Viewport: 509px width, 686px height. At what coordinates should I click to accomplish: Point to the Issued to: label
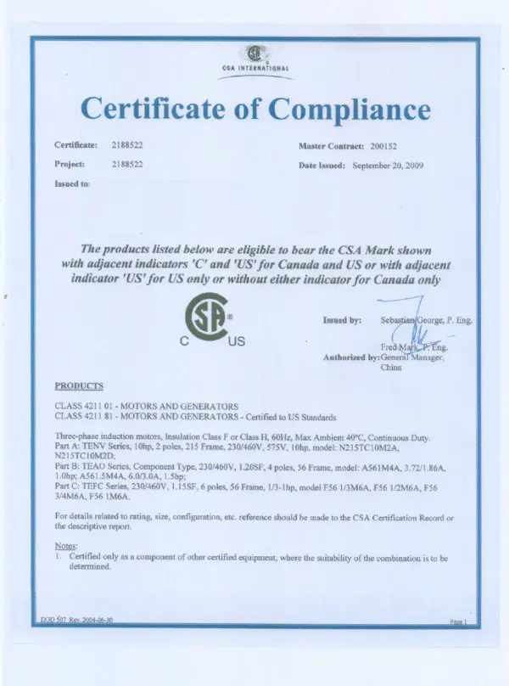click(73, 183)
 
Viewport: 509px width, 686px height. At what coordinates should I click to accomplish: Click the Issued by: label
click(343, 321)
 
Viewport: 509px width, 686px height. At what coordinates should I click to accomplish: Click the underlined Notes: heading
click(66, 545)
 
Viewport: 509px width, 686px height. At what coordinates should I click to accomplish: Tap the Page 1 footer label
click(458, 622)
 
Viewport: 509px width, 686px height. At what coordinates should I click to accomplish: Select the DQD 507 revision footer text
click(77, 621)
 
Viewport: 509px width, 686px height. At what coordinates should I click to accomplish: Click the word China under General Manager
click(391, 367)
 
